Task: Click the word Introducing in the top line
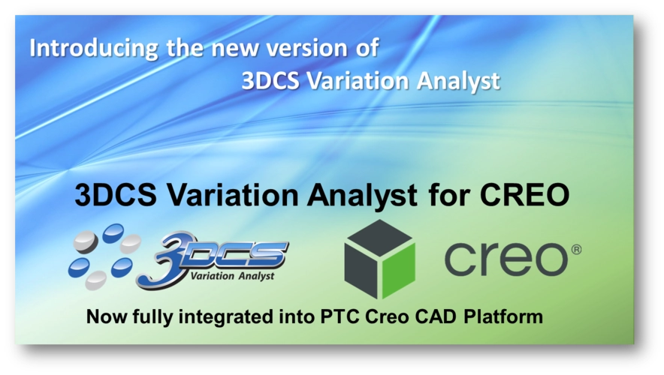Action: tap(94, 49)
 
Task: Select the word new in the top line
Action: tap(234, 49)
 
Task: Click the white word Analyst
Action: tap(458, 82)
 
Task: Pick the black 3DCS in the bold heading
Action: tap(116, 194)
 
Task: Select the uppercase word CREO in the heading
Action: tap(525, 195)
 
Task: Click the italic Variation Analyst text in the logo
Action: tap(232, 276)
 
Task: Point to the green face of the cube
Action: tap(398, 270)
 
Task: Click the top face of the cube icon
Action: tap(379, 238)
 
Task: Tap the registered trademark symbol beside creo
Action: tap(576, 250)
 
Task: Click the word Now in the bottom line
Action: tap(107, 316)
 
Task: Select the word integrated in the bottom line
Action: tap(225, 317)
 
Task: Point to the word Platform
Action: tap(503, 316)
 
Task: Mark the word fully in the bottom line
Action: tap(152, 317)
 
